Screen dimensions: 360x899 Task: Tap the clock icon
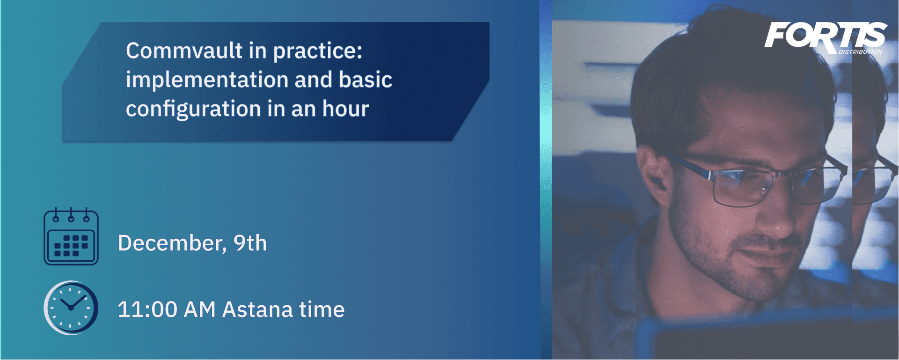(71, 308)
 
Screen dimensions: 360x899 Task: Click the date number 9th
(250, 243)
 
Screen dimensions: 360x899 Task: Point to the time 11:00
(147, 309)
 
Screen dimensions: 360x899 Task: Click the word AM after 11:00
(200, 309)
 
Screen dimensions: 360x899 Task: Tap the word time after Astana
(322, 309)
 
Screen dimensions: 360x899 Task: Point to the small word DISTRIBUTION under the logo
(860, 52)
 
